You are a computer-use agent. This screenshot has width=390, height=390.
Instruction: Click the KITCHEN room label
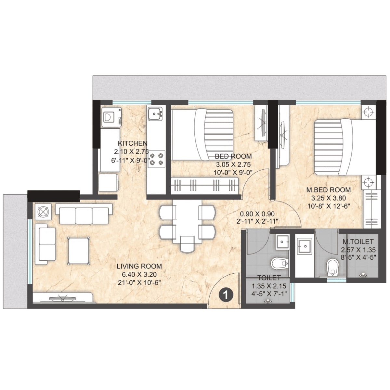tap(132, 143)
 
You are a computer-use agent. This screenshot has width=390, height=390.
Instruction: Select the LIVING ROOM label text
tap(139, 266)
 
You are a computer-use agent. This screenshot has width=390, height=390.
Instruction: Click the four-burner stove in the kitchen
tap(156, 159)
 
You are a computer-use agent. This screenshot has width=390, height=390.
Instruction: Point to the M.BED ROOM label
tap(329, 190)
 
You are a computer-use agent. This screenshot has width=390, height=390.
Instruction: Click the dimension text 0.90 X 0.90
tap(257, 214)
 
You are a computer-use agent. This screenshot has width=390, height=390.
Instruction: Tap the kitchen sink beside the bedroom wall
tap(155, 113)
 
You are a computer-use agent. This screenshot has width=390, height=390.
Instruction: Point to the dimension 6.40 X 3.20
tap(139, 274)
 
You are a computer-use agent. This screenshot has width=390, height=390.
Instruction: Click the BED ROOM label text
tap(233, 156)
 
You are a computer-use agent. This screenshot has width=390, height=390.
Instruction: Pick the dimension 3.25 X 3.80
tap(329, 198)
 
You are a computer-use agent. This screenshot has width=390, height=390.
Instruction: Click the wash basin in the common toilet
tap(282, 242)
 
